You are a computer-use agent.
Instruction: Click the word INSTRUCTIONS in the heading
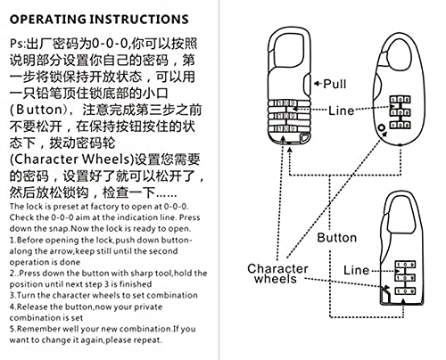[x=138, y=18]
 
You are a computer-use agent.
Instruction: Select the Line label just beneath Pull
[x=343, y=111]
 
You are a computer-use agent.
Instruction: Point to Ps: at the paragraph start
[x=15, y=42]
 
